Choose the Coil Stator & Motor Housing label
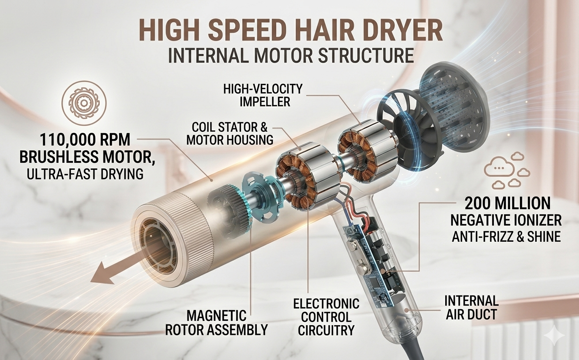click(x=229, y=133)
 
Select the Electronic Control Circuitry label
click(x=326, y=317)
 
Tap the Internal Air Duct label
click(x=471, y=307)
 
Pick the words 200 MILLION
click(x=507, y=203)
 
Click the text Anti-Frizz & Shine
click(x=506, y=236)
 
